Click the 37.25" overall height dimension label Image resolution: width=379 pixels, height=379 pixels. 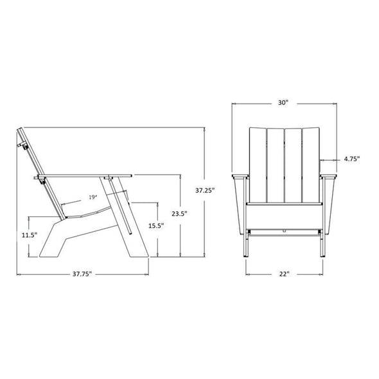coord(205,191)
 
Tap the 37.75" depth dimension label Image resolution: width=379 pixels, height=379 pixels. coord(82,274)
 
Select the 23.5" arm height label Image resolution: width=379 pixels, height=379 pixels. coord(180,214)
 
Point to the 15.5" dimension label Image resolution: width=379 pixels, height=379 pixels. coord(156,225)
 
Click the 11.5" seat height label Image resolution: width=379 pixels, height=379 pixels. coord(30,235)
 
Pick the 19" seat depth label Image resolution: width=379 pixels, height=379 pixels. coord(93,197)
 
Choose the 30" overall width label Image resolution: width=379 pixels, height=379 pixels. coord(283,103)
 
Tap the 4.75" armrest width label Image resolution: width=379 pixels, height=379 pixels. coord(352,159)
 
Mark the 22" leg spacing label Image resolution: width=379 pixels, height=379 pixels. coord(284,274)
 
